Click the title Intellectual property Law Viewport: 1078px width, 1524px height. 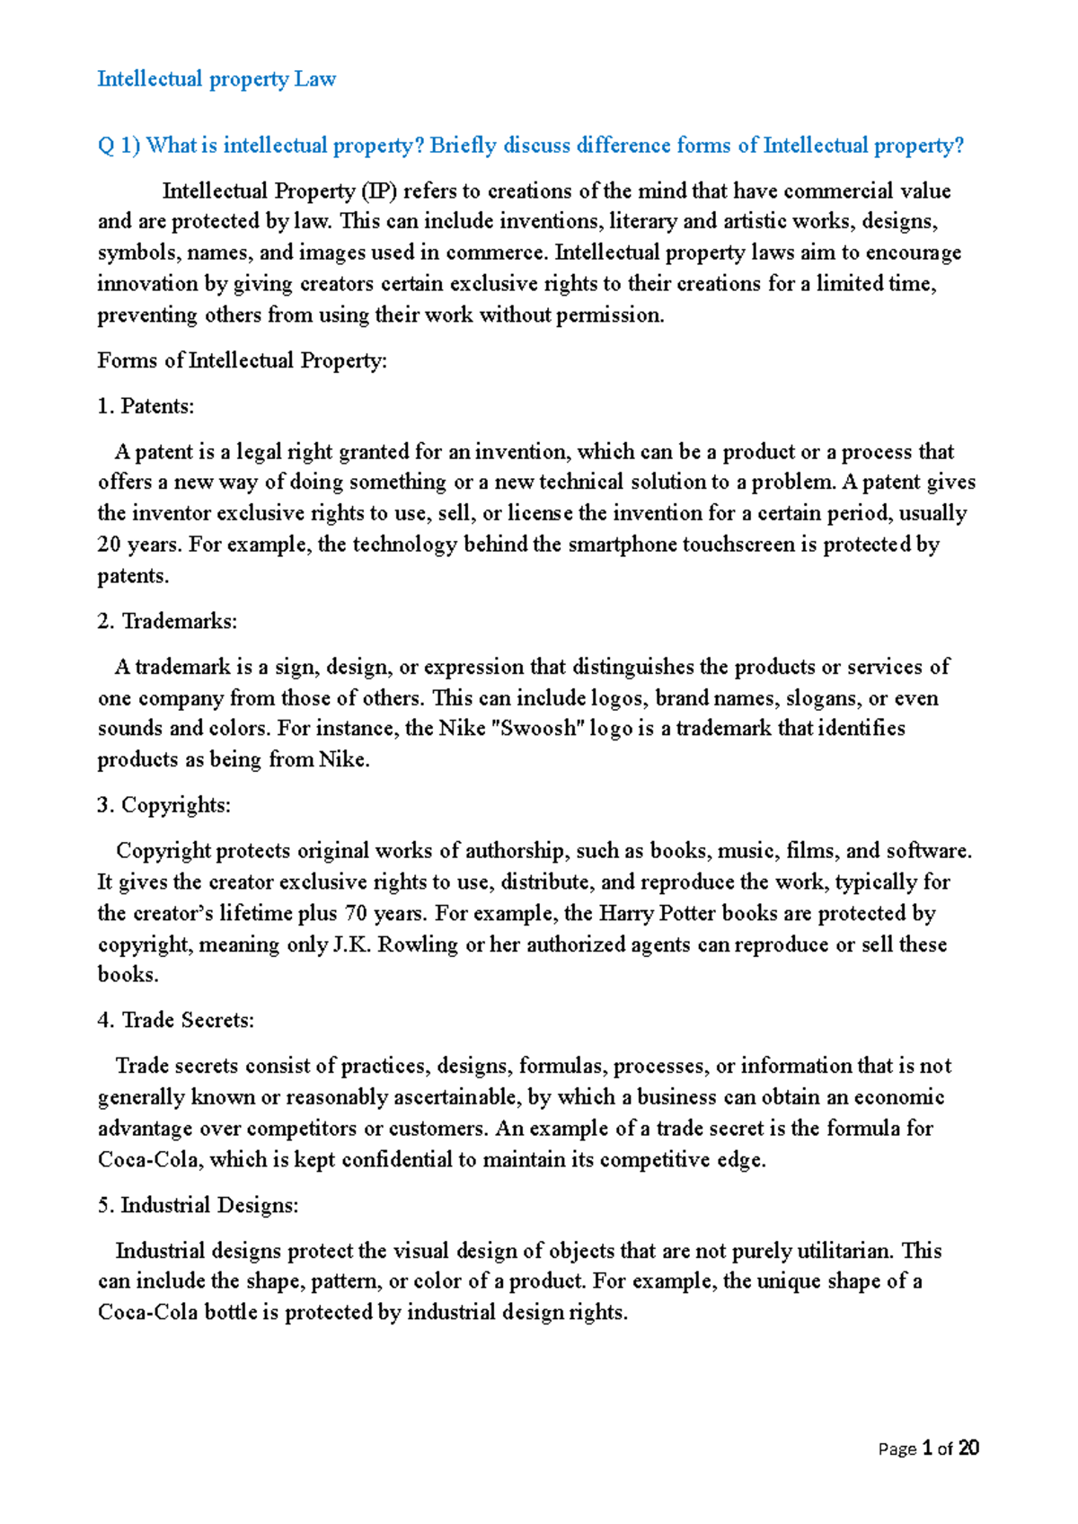[x=216, y=79]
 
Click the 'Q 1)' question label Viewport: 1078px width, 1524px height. [x=119, y=146]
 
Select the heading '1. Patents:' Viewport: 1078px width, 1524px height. [x=146, y=406]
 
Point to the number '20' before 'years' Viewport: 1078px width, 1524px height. [x=109, y=545]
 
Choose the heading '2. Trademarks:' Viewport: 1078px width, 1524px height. [x=166, y=622]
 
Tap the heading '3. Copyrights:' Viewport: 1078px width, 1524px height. [x=163, y=805]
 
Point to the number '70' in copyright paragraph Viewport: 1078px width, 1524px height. [x=356, y=914]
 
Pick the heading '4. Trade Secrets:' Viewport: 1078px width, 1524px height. [x=175, y=1021]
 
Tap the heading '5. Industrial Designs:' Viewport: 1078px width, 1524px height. [x=198, y=1206]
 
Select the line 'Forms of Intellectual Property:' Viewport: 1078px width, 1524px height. [x=242, y=361]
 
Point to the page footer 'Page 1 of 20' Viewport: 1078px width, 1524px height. [x=928, y=1449]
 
